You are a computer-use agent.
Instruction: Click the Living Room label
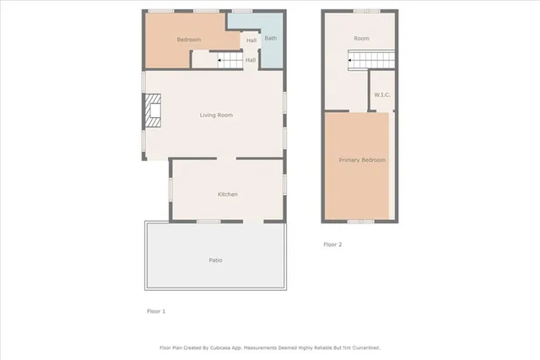pyautogui.click(x=216, y=115)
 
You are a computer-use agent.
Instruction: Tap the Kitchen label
pyautogui.click(x=228, y=195)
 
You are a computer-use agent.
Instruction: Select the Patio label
pyautogui.click(x=216, y=260)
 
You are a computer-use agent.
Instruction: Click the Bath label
pyautogui.click(x=270, y=38)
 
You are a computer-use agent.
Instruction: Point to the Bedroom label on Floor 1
pyautogui.click(x=188, y=40)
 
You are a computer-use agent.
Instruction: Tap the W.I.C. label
pyautogui.click(x=382, y=95)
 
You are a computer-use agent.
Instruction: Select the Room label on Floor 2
pyautogui.click(x=361, y=39)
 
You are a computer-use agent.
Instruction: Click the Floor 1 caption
pyautogui.click(x=156, y=311)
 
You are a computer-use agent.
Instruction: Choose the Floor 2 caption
pyautogui.click(x=332, y=244)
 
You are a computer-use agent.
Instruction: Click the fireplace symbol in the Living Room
pyautogui.click(x=151, y=110)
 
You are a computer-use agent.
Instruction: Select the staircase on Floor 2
pyautogui.click(x=372, y=59)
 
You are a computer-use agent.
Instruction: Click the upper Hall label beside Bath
pyautogui.click(x=251, y=40)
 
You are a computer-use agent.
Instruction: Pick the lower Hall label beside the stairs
pyautogui.click(x=251, y=60)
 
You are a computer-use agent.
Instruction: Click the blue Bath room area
pyautogui.click(x=271, y=49)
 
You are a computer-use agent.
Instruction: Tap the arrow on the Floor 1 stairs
pyautogui.click(x=213, y=61)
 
